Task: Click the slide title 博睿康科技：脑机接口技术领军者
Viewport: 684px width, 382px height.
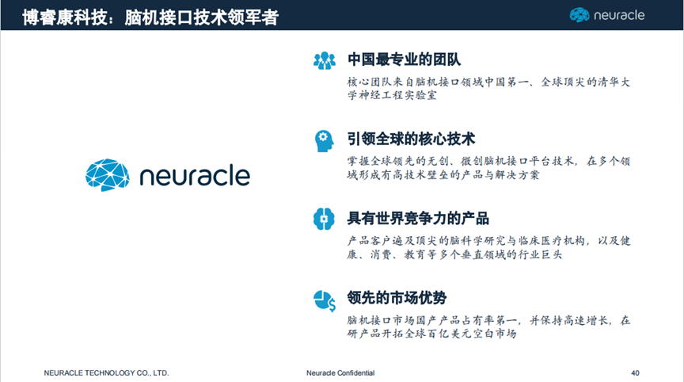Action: click(150, 17)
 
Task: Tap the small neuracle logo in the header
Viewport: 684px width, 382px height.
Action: click(606, 15)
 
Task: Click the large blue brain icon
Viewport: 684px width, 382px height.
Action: click(108, 175)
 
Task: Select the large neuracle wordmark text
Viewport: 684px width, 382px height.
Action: click(195, 175)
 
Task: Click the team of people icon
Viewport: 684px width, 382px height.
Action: click(325, 61)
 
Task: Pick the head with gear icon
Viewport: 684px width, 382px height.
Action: click(324, 141)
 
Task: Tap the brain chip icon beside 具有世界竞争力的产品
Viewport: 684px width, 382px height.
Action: click(324, 219)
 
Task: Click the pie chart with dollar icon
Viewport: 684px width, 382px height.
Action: click(325, 301)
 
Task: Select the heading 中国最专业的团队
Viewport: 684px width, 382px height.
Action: click(404, 59)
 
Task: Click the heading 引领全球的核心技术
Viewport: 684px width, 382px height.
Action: click(411, 139)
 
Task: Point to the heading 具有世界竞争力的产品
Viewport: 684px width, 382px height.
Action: click(418, 218)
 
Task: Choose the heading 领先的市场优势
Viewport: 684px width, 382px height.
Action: click(397, 298)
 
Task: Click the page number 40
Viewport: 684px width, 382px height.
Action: click(635, 372)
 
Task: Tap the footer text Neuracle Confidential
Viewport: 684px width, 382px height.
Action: click(340, 372)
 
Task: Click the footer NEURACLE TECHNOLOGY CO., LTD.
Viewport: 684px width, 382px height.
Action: click(106, 372)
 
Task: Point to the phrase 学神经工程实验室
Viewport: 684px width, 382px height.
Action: click(392, 95)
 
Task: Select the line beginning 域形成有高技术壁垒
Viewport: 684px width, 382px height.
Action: click(443, 175)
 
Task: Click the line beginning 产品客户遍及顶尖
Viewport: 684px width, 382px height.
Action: click(489, 241)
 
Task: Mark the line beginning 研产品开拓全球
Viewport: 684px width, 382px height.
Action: click(432, 334)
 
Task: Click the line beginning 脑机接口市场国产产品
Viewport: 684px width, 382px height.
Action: click(489, 320)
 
